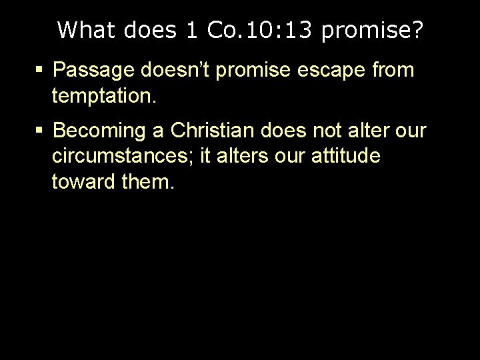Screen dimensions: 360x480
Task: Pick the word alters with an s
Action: click(x=236, y=158)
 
